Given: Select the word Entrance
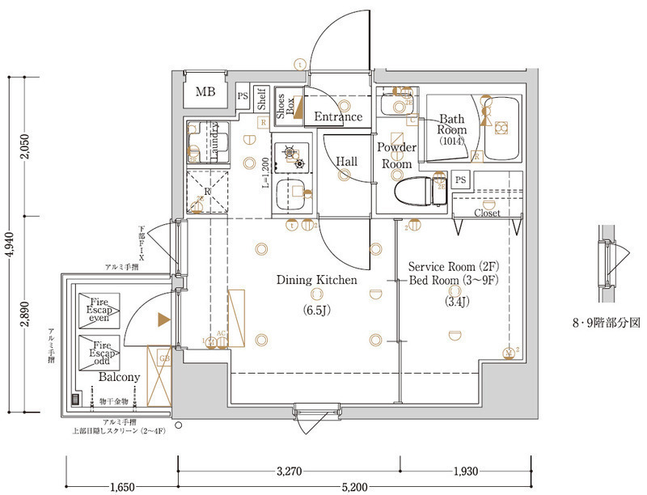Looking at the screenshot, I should coord(338,116).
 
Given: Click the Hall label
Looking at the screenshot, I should coord(347,162).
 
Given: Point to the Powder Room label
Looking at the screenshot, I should coord(397,155).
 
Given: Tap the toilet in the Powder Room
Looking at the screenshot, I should coord(415,192).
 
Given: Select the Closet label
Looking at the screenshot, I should coord(487,214).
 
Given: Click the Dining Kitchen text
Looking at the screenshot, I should coord(316,281).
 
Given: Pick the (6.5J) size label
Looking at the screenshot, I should coord(315,311).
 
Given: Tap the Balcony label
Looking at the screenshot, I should coord(119,378).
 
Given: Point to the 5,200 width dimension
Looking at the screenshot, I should coord(353,486).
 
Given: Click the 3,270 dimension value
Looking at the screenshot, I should coord(290,470).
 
